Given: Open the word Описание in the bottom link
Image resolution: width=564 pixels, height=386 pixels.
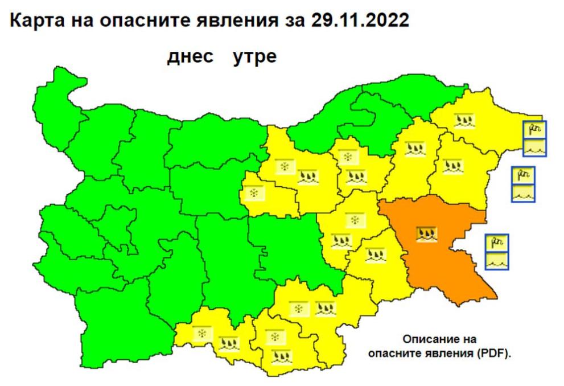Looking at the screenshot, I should pyautogui.click(x=428, y=340).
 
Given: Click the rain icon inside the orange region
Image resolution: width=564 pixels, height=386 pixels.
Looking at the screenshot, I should pyautogui.click(x=426, y=233).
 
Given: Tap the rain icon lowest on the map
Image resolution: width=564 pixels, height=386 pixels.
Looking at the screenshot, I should pyautogui.click(x=281, y=358).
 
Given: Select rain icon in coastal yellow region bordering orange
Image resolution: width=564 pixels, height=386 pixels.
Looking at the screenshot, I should pyautogui.click(x=452, y=167).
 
